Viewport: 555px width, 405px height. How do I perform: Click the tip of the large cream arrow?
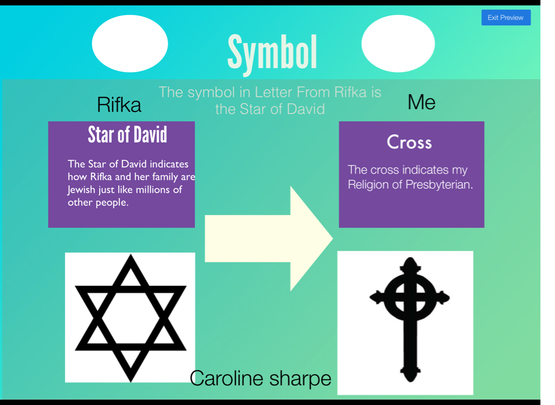click(333, 238)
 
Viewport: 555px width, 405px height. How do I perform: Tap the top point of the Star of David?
click(131, 254)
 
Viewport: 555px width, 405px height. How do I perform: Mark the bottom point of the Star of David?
click(131, 382)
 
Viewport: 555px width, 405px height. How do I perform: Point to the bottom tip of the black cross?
click(410, 382)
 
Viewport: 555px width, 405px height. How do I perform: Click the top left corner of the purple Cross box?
click(339, 122)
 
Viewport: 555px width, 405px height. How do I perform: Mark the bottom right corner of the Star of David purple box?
click(195, 227)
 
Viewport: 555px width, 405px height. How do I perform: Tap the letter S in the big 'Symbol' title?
click(236, 52)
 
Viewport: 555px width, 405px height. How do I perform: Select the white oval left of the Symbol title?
click(130, 43)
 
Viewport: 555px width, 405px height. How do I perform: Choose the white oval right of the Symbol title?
click(398, 43)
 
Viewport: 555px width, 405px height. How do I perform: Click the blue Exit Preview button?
click(506, 18)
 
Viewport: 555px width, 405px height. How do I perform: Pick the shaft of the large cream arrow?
click(248, 238)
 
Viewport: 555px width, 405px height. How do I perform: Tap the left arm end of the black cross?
click(370, 297)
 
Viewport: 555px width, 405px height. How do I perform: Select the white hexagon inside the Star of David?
click(131, 318)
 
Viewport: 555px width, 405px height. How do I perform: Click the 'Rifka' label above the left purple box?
click(119, 104)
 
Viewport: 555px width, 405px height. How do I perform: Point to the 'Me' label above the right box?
click(421, 102)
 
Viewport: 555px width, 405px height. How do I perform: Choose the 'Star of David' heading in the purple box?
click(127, 135)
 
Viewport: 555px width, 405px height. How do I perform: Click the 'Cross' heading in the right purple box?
click(409, 142)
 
